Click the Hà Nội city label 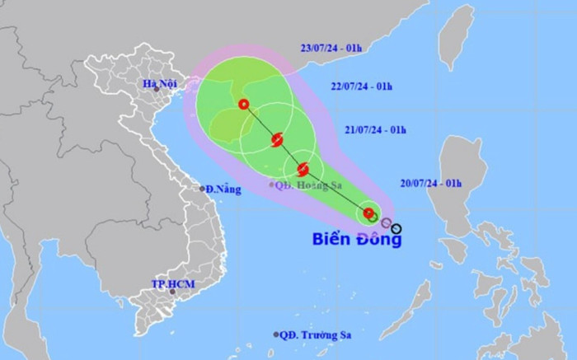click(160, 83)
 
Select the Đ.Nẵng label click(224, 189)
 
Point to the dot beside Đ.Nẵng click(203, 189)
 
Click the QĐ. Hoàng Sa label click(309, 184)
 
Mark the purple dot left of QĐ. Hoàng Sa click(273, 184)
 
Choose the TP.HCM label click(169, 283)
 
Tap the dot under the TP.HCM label click(172, 292)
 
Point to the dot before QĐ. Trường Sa click(276, 334)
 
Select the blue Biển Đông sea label click(358, 241)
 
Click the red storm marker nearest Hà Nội click(243, 105)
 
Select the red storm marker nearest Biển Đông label click(368, 213)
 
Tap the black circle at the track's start click(397, 228)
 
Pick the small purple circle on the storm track click(386, 222)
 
